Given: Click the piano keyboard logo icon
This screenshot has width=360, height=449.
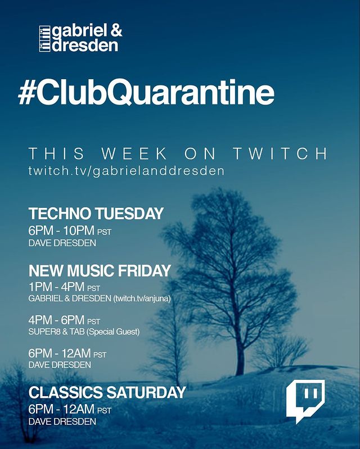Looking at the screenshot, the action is coord(44,39).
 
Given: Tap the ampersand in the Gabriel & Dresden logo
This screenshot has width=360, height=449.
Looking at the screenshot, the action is coord(116,31).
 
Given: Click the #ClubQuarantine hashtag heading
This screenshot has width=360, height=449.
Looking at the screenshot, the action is coord(146,92).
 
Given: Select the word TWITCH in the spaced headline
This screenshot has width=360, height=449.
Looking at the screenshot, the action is coord(280,153).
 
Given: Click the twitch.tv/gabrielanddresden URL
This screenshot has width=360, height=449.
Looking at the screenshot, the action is coord(126,171).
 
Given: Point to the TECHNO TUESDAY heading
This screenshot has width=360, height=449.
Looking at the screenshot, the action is coord(96,214).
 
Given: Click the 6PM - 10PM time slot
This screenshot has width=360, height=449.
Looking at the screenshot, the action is coord(61,230).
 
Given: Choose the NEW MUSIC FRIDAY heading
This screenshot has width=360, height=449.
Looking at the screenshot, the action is coord(100,271).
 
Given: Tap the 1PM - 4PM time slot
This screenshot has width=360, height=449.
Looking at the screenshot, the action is coord(56,287).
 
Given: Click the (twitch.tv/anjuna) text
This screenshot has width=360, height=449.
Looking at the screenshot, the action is coord(142,298).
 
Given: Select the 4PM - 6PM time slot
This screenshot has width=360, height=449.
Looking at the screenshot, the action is coord(56,320).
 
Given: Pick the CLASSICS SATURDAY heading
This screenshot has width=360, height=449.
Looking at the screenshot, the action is coord(107,393).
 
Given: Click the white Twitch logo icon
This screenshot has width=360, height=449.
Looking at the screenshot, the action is coord(305,401).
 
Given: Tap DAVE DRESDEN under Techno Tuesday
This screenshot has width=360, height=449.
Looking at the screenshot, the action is coord(62,243).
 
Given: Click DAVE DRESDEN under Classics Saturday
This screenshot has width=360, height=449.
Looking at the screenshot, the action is coord(62,421).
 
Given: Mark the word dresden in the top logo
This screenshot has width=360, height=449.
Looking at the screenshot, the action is coord(85,46).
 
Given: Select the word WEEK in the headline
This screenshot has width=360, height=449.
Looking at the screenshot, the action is coord(134,153).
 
